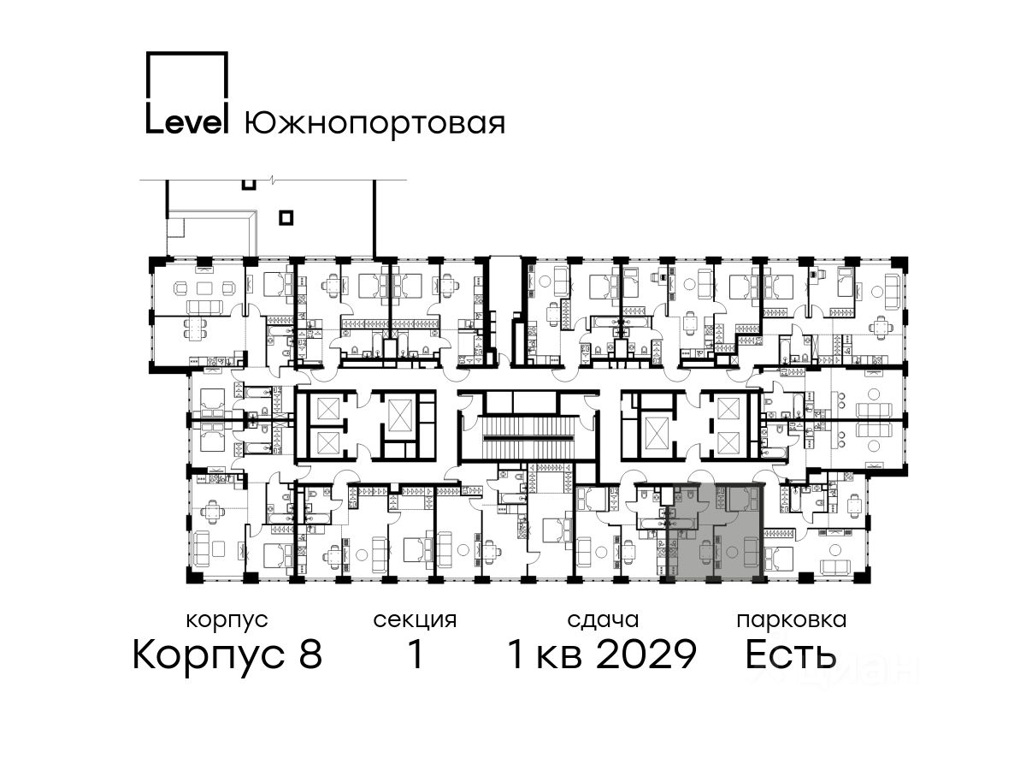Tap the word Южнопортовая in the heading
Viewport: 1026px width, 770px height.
tap(374, 123)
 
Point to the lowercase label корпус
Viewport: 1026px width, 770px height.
tap(227, 621)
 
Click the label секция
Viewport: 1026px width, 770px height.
tap(415, 621)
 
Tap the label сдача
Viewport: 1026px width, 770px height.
tap(603, 621)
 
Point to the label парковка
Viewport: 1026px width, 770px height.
tap(792, 621)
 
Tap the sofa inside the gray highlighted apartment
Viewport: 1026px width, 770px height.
tap(751, 552)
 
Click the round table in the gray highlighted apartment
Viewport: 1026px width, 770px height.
tap(733, 553)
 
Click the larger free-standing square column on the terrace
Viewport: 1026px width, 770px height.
tap(286, 218)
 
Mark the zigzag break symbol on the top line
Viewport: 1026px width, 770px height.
tap(273, 179)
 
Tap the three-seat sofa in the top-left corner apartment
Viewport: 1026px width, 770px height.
tap(204, 307)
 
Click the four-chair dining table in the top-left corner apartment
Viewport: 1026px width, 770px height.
tap(196, 328)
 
